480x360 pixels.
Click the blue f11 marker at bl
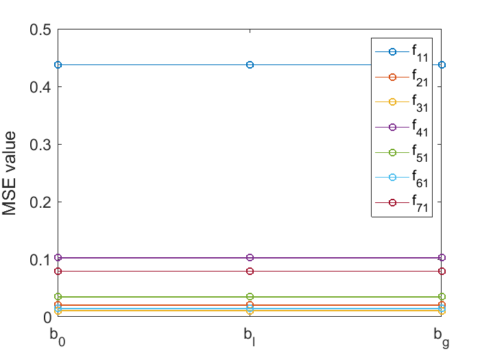(x=250, y=64)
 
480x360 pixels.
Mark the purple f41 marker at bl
(x=250, y=258)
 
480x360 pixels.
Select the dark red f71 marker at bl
(x=250, y=272)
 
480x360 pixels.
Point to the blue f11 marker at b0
(x=58, y=64)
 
